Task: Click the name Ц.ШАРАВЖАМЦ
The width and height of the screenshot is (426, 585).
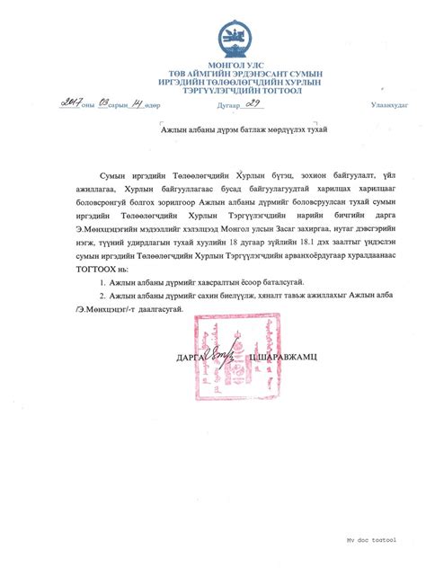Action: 273,358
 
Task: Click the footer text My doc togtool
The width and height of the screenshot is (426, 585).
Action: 371,540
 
